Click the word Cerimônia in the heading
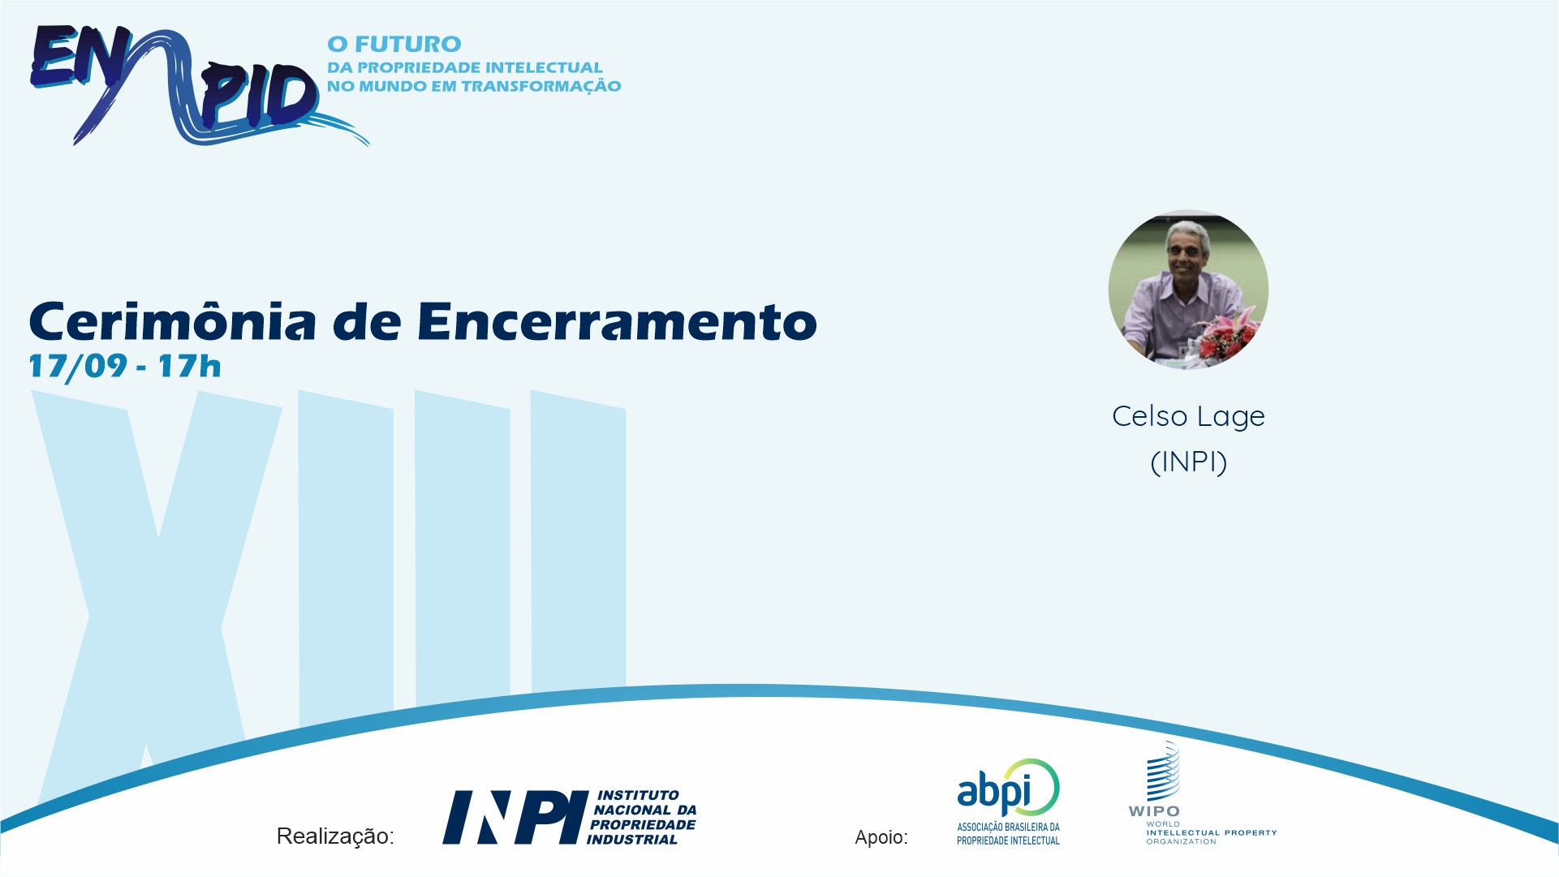(172, 321)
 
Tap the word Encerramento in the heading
(617, 322)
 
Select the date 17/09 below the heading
(78, 366)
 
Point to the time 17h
(189, 366)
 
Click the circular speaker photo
(1188, 290)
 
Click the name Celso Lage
(1188, 416)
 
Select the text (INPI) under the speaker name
(1188, 462)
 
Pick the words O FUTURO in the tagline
(394, 44)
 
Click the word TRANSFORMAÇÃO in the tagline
(540, 86)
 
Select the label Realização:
(335, 836)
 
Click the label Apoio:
(881, 837)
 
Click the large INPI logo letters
(515, 818)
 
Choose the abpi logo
(1009, 802)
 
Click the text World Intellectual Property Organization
(1211, 832)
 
